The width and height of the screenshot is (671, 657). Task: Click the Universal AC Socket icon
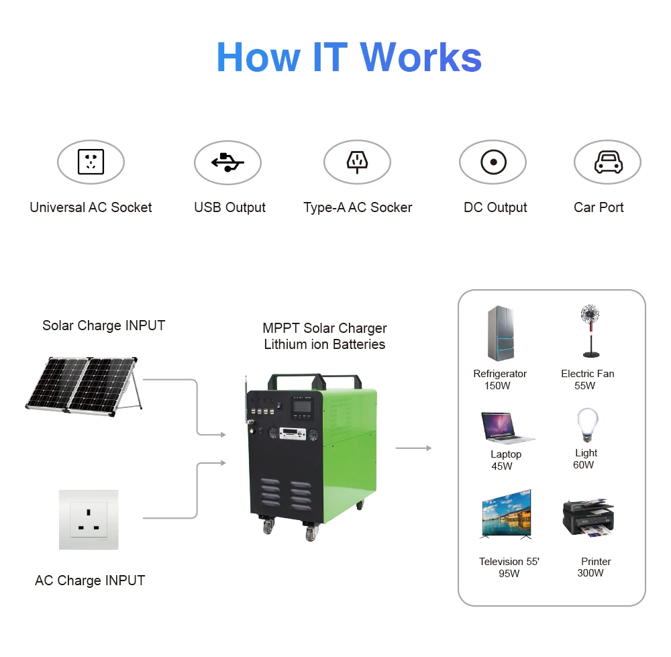(91, 162)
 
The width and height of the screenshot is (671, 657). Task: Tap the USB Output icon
(227, 162)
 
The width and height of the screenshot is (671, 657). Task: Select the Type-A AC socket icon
(357, 162)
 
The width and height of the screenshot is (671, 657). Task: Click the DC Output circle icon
(493, 162)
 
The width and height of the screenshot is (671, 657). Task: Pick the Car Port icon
(607, 162)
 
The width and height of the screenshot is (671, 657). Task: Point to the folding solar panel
(83, 384)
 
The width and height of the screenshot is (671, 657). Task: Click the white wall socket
(89, 519)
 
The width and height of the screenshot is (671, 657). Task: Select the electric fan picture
(589, 331)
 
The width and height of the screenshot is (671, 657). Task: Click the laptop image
(507, 428)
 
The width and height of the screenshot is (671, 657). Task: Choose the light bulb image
(586, 425)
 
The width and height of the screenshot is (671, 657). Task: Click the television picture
(507, 513)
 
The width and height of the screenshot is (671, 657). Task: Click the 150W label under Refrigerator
(497, 386)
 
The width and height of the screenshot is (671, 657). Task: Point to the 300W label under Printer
(590, 573)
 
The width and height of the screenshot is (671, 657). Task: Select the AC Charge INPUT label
(90, 580)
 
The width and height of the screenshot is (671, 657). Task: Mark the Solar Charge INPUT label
(103, 325)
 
